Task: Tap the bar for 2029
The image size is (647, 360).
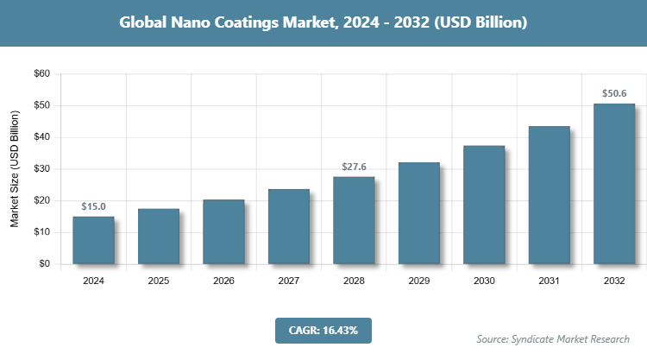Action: (419, 213)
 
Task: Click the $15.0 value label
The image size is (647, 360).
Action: (93, 207)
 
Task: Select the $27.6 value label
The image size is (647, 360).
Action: (354, 167)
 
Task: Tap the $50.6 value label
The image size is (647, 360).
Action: (614, 94)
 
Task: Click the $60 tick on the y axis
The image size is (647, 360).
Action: (41, 74)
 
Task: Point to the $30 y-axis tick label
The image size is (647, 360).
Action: (41, 169)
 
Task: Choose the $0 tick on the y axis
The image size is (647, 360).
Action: (43, 264)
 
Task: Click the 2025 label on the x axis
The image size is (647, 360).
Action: (159, 281)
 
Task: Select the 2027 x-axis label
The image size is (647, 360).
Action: (289, 281)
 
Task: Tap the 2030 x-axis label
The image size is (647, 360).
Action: (484, 281)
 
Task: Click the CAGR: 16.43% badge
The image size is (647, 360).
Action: (323, 330)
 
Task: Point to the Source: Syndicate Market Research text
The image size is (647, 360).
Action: (553, 338)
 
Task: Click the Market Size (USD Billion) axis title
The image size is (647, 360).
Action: (15, 169)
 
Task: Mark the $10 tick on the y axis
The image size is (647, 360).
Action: (41, 232)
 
